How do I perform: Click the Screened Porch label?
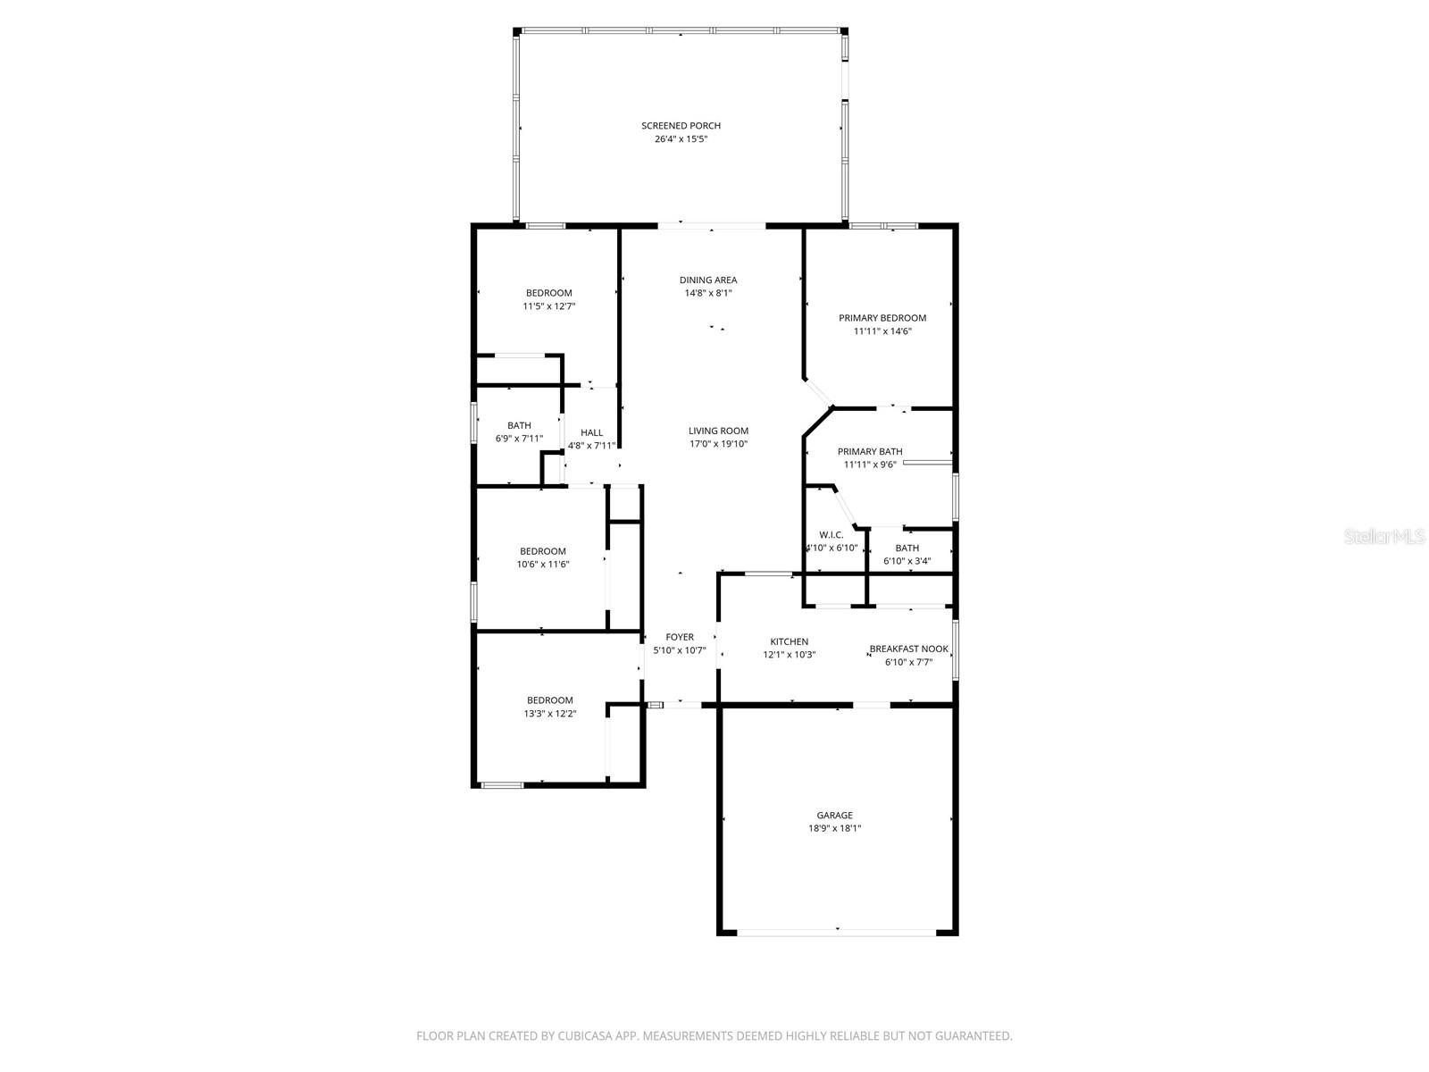point(681,126)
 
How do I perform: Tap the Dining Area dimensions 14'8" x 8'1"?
point(707,293)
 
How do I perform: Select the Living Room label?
point(718,431)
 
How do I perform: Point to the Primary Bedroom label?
point(882,318)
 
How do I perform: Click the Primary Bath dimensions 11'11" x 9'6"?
point(870,465)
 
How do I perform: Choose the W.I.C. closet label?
point(831,535)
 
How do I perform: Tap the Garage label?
point(834,815)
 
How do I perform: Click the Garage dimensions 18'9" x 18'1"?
point(834,829)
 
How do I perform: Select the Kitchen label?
point(789,641)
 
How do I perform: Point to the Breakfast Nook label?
point(909,649)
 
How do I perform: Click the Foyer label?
point(679,637)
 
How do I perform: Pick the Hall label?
point(591,433)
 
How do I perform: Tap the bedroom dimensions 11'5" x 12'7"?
point(548,306)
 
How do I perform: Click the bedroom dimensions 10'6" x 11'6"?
point(543,565)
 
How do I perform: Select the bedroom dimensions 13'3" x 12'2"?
point(550,714)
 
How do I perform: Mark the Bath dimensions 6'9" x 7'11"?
point(519,439)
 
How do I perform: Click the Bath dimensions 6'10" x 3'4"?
point(907,561)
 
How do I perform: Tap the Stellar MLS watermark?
point(1384,536)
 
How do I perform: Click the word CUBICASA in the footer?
point(584,1035)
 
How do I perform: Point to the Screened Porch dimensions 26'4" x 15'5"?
point(681,139)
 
